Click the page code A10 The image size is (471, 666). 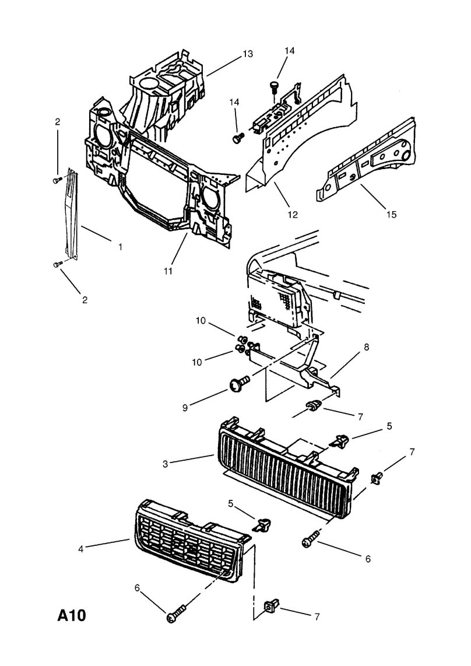click(71, 616)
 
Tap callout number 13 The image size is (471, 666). click(247, 54)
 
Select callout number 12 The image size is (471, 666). click(292, 214)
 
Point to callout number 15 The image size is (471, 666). click(391, 214)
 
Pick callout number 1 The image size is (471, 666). click(120, 247)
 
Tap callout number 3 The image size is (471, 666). click(166, 464)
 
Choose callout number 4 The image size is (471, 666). click(82, 548)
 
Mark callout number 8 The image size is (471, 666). click(366, 347)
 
